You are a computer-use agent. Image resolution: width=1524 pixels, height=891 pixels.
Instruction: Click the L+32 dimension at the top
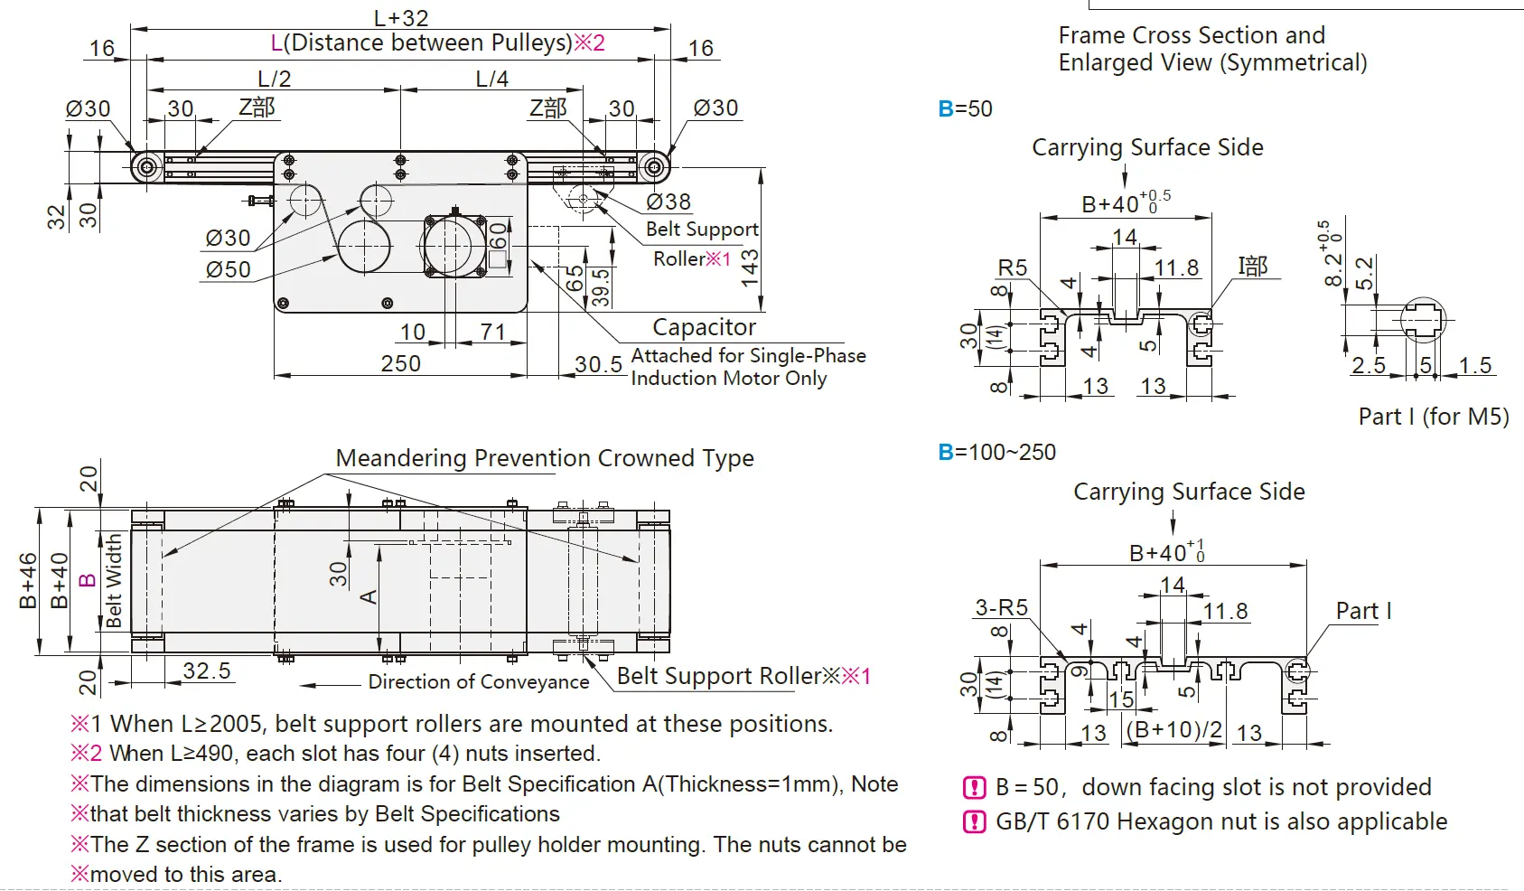coord(401,17)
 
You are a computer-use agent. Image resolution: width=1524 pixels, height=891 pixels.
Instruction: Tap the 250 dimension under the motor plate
coord(400,363)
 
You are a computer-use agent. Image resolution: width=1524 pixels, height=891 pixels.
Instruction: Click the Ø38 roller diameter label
coord(669,202)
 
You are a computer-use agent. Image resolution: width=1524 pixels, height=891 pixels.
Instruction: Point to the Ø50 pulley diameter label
coord(228,269)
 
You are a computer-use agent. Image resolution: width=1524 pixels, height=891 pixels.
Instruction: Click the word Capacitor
coord(704,327)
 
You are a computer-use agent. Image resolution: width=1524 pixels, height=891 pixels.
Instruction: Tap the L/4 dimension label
coord(492,80)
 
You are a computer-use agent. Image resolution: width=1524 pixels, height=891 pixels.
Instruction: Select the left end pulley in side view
coord(145,166)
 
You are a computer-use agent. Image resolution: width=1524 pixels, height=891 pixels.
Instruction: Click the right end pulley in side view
coord(654,166)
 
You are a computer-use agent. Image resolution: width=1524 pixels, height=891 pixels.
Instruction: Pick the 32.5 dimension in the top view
coord(207,671)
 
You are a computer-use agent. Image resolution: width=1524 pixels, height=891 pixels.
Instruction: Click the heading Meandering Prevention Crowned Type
coord(545,458)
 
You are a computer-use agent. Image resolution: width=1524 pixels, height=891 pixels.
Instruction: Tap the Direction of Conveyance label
coord(478,682)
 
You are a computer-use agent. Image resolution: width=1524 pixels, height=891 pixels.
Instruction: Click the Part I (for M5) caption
coord(1434,417)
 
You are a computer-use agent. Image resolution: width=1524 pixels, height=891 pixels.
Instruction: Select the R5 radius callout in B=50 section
coord(1013,267)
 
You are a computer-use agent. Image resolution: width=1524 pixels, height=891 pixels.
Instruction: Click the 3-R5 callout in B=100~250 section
coord(1001,607)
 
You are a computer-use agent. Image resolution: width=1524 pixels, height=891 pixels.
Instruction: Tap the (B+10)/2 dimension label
coord(1174,730)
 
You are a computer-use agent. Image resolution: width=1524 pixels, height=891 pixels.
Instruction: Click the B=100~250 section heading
coord(997,452)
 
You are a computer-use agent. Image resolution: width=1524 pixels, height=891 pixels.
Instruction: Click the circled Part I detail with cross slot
coord(1422,319)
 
